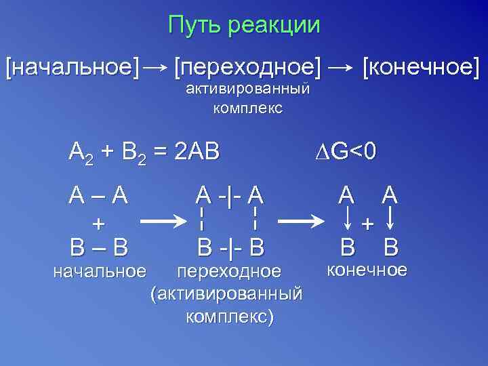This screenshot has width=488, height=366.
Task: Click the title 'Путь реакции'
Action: click(244, 25)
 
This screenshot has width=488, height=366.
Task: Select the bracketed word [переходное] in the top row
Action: click(248, 67)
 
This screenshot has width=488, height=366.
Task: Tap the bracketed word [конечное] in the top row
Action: click(421, 67)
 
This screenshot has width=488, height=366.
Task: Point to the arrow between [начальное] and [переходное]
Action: click(156, 67)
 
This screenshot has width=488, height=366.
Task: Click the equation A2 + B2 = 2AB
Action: click(144, 151)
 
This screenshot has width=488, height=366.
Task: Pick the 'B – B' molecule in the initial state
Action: click(99, 247)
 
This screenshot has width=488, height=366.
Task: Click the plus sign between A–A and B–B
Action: click(99, 222)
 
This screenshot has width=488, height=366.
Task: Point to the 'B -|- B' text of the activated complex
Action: click(229, 247)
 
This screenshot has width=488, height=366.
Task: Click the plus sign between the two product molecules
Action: click(368, 223)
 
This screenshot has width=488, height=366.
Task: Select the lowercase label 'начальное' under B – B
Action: click(100, 272)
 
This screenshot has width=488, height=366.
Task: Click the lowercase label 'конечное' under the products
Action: click(367, 270)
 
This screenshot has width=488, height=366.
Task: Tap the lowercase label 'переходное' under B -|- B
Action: click(228, 272)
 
